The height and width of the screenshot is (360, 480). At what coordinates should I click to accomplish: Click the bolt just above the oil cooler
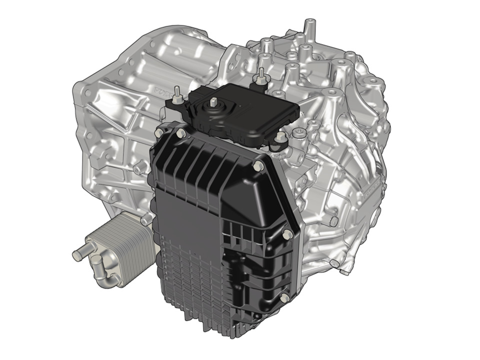tap(145, 219)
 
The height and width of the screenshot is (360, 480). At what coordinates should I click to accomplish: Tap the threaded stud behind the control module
tap(260, 76)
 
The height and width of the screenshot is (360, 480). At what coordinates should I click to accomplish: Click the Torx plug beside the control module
tap(299, 133)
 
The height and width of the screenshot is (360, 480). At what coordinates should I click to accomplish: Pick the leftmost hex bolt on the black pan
tap(158, 133)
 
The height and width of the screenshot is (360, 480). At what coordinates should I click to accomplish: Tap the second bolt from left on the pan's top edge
tap(179, 132)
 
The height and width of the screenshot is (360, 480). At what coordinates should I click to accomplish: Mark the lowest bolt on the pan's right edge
tap(284, 298)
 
